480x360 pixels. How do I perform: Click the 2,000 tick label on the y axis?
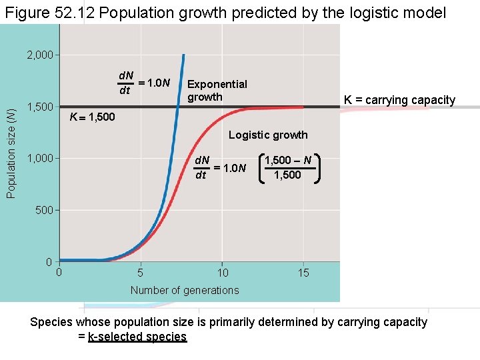[39, 55]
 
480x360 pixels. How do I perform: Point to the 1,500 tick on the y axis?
[39, 107]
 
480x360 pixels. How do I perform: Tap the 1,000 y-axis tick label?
[39, 159]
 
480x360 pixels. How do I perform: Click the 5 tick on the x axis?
[140, 273]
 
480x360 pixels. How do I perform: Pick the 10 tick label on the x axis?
[223, 273]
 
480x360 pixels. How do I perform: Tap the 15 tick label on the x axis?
[303, 273]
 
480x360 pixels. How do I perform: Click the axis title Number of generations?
[185, 290]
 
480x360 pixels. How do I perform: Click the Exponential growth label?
[217, 91]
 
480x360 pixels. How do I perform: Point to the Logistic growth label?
[268, 135]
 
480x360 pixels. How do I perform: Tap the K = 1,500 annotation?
[93, 118]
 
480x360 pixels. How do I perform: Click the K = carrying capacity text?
[399, 101]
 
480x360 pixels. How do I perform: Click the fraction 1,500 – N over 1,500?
[287, 167]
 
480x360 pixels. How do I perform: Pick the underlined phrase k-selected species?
[137, 337]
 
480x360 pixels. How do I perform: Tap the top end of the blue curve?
[183, 55]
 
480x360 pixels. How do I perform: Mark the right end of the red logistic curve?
[303, 107]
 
